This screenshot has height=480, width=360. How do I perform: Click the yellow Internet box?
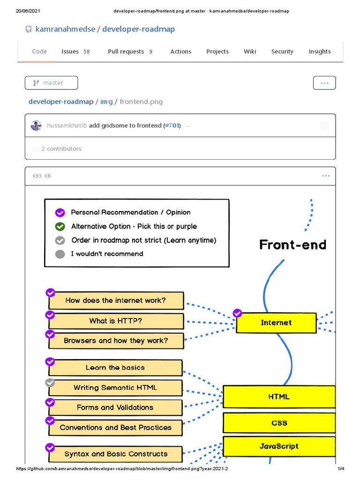coord(276,323)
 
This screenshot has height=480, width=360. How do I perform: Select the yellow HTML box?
coord(279,397)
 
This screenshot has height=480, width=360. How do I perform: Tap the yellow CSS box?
coord(279,423)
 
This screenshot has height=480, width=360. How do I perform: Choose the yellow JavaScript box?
coord(279,446)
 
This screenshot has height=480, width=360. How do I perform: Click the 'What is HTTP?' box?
coord(116,321)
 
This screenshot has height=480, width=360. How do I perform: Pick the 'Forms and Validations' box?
coord(115,407)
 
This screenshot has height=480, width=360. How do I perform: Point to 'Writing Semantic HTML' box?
coord(115,388)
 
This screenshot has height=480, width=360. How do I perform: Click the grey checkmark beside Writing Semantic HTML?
coord(50,382)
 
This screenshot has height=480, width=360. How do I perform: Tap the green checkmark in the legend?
coord(60,226)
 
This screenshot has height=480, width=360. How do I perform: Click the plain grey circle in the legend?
coord(60,255)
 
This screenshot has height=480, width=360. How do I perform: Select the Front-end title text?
coord(292,245)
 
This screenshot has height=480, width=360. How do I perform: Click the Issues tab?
coord(75,52)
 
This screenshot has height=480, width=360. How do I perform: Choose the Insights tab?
coord(320,52)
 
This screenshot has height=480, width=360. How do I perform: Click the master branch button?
coord(52,83)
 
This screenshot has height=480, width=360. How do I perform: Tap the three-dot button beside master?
coord(324,83)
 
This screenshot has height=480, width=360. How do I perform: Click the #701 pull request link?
coord(172,126)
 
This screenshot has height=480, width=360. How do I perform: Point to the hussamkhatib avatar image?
coord(36,126)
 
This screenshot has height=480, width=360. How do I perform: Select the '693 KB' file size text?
coord(42,176)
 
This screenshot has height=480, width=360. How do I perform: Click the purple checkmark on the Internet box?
coord(237,313)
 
